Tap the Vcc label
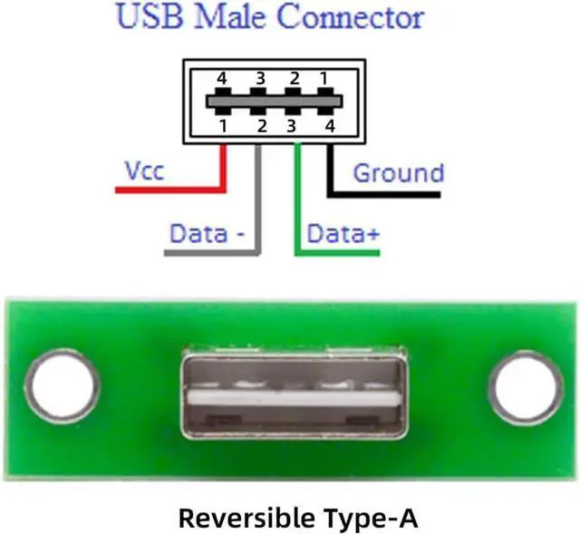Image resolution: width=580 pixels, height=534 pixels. click(144, 170)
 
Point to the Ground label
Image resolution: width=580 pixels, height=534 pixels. click(398, 172)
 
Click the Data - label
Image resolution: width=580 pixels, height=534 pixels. click(208, 234)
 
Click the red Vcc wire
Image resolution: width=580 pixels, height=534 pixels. click(172, 189)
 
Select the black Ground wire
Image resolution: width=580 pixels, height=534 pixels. click(390, 192)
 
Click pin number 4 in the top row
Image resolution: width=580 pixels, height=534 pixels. click(221, 79)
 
